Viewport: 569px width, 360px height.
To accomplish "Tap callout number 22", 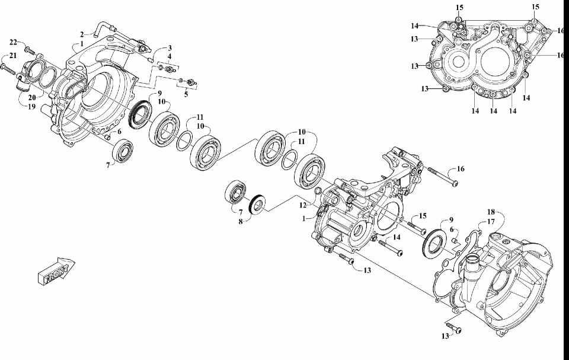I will (x=13, y=42).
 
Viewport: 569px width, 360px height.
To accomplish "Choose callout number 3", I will (x=170, y=48).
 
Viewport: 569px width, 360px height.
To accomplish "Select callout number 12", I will (x=303, y=206).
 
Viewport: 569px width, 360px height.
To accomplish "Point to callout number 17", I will (x=490, y=221).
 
